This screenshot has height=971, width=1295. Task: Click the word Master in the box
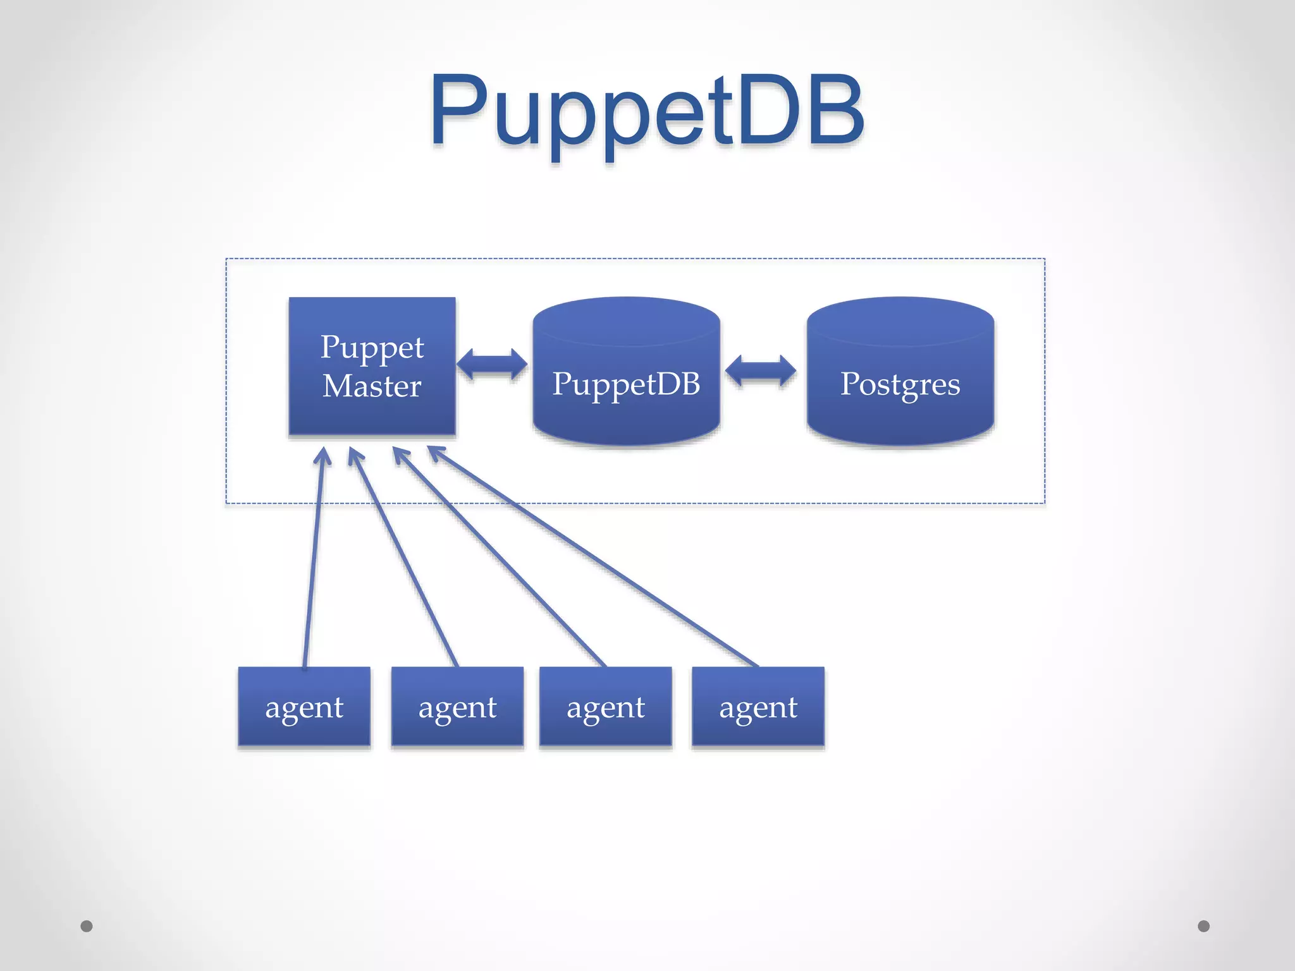(x=372, y=386)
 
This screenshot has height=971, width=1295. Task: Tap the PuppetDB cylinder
(x=626, y=417)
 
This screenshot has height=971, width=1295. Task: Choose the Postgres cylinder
(x=900, y=417)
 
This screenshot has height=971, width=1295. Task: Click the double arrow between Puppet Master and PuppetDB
(x=492, y=365)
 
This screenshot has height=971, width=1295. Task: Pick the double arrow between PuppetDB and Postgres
(x=761, y=370)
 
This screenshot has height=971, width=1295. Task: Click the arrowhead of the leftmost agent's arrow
(x=323, y=454)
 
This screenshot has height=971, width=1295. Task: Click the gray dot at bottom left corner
(x=87, y=926)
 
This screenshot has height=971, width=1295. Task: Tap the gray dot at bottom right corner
(x=1204, y=926)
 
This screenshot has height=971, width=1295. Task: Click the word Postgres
(x=900, y=384)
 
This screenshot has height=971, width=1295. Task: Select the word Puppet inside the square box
(x=372, y=347)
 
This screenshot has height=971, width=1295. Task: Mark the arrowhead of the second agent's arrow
(x=354, y=455)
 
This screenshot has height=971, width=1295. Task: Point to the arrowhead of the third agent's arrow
(x=400, y=454)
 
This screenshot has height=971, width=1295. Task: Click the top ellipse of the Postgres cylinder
(x=900, y=321)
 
